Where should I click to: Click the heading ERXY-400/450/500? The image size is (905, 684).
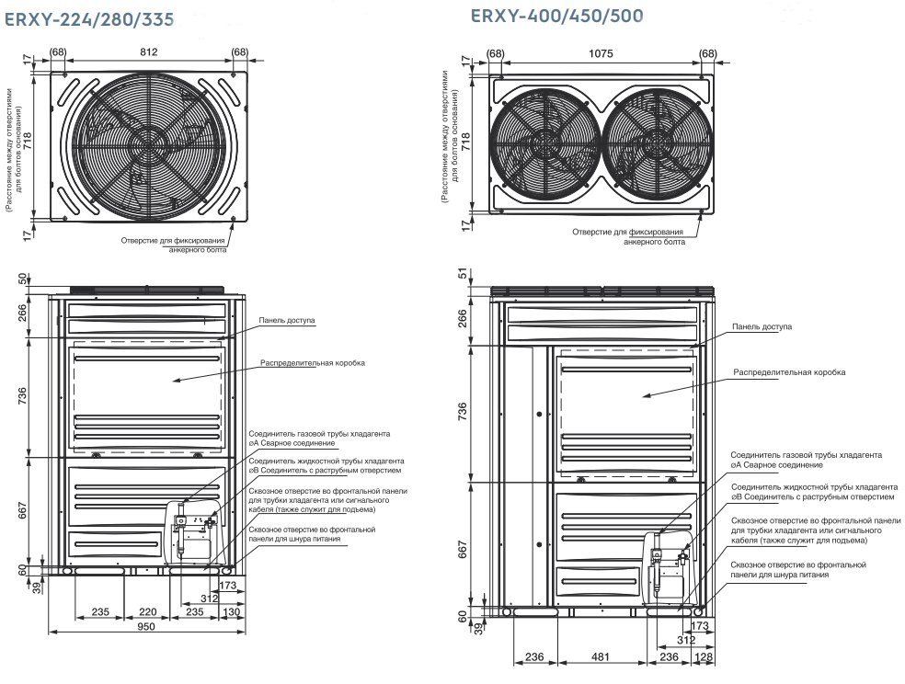[556, 16]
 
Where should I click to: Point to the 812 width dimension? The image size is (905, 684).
[148, 51]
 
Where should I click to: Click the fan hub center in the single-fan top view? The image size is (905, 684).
[147, 143]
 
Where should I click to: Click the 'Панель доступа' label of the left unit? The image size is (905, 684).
[287, 321]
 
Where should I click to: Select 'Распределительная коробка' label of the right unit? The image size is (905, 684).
[789, 372]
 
